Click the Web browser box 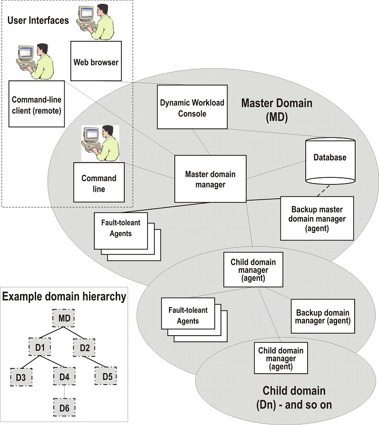pos(96,61)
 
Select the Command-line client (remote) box pos(36,104)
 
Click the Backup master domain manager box pos(317,218)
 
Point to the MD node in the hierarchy pos(64,317)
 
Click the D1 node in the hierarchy pos(40,348)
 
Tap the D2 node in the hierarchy pos(84,348)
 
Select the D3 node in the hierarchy pos(21,377)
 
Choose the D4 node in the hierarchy pos(64,377)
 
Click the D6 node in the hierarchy pos(64,407)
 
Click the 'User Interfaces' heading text pos(38,20)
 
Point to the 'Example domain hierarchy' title pos(64,297)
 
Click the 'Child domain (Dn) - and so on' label pos(294,398)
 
